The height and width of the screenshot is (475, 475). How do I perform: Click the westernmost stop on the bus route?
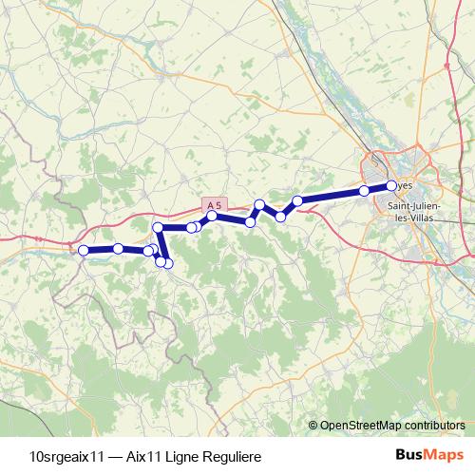(x=83, y=250)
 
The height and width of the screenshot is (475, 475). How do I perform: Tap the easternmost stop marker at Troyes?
(x=391, y=185)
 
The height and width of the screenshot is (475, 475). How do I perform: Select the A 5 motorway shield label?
(x=216, y=202)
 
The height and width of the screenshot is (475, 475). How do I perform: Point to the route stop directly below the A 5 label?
(x=213, y=217)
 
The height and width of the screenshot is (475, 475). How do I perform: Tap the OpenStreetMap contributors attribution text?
(x=391, y=425)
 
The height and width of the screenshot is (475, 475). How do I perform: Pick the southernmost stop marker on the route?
(x=168, y=263)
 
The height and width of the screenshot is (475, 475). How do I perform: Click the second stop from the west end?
(x=118, y=249)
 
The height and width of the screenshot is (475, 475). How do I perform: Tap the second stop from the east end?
(x=364, y=191)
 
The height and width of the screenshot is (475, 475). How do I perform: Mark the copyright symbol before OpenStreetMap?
(x=313, y=425)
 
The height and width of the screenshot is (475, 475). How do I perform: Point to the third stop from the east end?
(x=297, y=200)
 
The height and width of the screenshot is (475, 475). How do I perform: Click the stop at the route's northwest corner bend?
(x=159, y=228)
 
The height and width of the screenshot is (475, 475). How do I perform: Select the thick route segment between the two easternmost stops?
(x=378, y=188)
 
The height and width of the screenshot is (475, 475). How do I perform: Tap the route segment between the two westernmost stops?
(x=100, y=250)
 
